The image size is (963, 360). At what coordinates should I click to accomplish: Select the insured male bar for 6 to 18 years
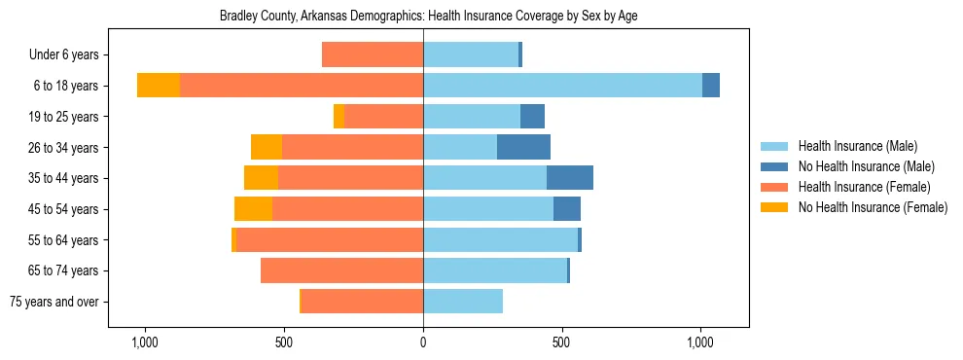(562, 86)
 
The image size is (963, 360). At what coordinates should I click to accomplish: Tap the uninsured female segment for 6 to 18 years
(159, 86)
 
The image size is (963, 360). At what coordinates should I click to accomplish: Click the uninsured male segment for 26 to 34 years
(523, 147)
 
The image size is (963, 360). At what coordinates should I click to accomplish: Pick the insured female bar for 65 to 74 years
(341, 270)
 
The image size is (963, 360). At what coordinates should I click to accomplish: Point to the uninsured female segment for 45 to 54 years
(253, 209)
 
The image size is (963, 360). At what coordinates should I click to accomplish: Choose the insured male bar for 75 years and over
(463, 302)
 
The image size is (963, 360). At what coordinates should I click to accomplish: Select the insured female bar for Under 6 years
(373, 54)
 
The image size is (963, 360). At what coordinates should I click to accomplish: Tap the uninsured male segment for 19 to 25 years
(532, 117)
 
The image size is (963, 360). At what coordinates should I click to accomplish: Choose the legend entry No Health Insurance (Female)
(872, 207)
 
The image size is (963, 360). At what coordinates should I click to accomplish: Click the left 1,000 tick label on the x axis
(145, 343)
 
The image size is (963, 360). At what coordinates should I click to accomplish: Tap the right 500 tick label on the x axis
(562, 343)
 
